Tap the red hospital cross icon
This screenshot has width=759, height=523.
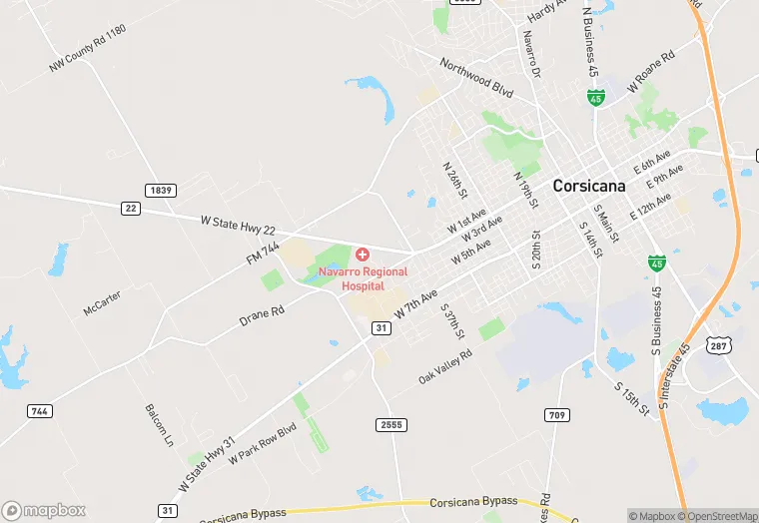coord(362,256)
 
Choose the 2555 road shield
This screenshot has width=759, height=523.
coord(392,424)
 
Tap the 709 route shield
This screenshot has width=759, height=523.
coord(556,414)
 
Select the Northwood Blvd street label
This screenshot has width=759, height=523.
coord(476,77)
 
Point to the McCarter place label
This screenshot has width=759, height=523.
coord(103,303)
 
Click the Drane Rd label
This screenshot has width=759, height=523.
coord(263,315)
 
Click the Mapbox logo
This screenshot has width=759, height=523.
coord(44,510)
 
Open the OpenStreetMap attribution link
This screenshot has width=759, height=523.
coord(717,516)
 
